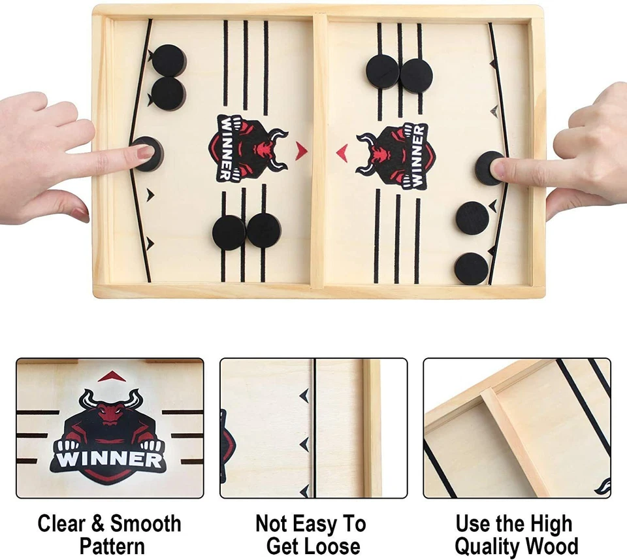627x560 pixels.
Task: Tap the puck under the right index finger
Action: point(489,168)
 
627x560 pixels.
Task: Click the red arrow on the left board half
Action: point(300,151)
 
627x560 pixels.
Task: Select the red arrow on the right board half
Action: point(342,153)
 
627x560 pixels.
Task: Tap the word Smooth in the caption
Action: point(146,524)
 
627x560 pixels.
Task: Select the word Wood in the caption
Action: point(553,546)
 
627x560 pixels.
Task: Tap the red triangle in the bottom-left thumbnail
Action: point(111,376)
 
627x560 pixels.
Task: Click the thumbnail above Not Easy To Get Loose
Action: point(313,428)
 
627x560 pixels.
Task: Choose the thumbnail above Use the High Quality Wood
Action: point(517,428)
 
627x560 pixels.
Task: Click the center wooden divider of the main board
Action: point(318,150)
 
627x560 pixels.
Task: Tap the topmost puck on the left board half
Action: point(169,60)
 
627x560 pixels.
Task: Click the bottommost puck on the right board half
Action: point(472,269)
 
